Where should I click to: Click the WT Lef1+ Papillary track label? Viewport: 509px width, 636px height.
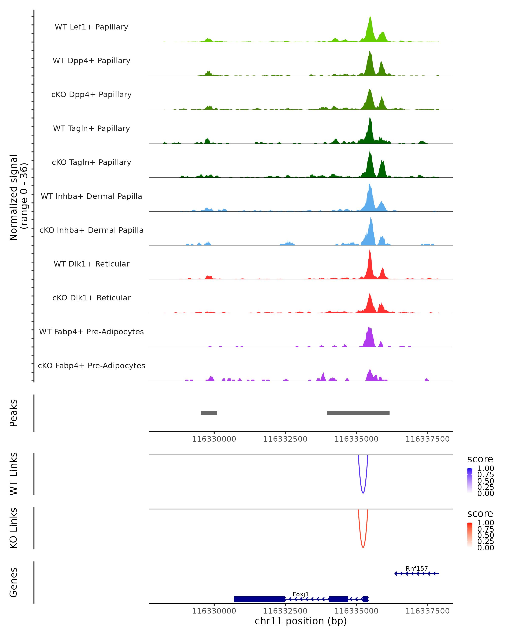pos(91,27)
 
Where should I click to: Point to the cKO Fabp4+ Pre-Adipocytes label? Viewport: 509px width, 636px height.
pos(91,365)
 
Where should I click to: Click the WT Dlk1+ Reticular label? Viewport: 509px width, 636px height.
pos(91,264)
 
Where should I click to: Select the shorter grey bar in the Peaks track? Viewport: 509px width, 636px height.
pos(209,413)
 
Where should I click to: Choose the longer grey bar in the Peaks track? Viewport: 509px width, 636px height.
pos(358,413)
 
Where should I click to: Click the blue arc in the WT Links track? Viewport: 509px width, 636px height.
pos(363,493)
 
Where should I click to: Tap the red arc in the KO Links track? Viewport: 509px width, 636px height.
pos(363,547)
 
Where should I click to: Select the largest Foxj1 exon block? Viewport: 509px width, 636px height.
pos(259,599)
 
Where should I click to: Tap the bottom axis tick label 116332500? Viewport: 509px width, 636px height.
pos(285,611)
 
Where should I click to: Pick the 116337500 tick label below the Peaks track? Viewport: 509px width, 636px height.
pos(427,439)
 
